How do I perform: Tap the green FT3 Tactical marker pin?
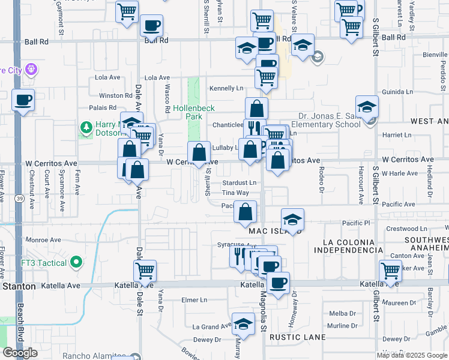pyautogui.click(x=76, y=262)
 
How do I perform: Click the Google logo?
pyautogui.click(x=20, y=353)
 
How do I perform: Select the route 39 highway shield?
pyautogui.click(x=20, y=197)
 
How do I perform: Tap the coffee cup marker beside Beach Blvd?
pyautogui.click(x=23, y=101)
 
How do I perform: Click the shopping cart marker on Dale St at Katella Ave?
pyautogui.click(x=145, y=271)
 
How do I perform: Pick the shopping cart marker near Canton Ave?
pyautogui.click(x=390, y=271)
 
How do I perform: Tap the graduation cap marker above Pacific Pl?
pyautogui.click(x=292, y=220)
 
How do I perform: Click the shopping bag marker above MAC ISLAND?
pyautogui.click(x=245, y=212)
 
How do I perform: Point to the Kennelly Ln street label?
pyautogui.click(x=226, y=89)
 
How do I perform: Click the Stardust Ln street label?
pyautogui.click(x=239, y=182)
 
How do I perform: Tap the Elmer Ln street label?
pyautogui.click(x=194, y=299)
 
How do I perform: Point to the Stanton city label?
pyautogui.click(x=19, y=287)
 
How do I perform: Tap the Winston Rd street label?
pyautogui.click(x=115, y=95)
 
